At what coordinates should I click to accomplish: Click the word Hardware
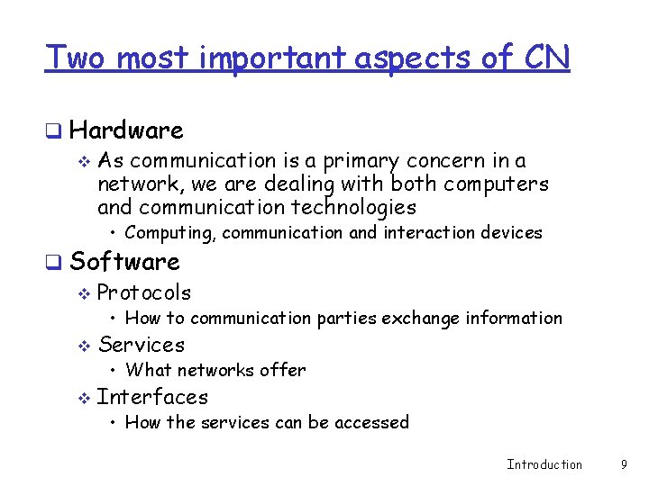click(126, 130)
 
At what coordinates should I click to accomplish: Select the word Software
click(124, 262)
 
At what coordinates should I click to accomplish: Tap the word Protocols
click(143, 292)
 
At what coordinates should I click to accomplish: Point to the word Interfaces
click(152, 397)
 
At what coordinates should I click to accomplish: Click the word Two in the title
click(77, 58)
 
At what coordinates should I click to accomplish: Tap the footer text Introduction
click(544, 464)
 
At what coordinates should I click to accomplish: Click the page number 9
click(624, 464)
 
